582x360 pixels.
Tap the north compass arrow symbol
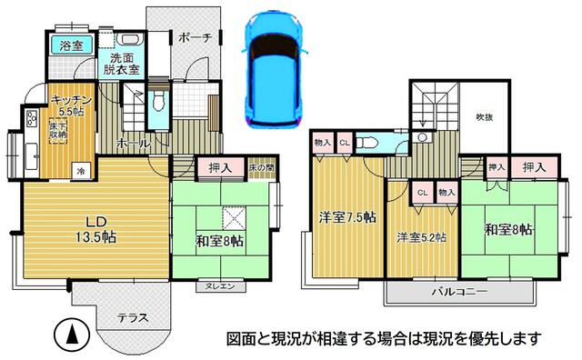pyautogui.click(x=71, y=334)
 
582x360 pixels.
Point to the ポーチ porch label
pyautogui.click(x=195, y=38)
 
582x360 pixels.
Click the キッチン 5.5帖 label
pyautogui.click(x=68, y=105)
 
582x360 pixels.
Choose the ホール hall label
pyautogui.click(x=133, y=144)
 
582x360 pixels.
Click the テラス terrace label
pyautogui.click(x=134, y=318)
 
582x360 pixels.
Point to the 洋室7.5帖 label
pyautogui.click(x=344, y=218)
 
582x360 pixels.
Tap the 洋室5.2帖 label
pyautogui.click(x=420, y=238)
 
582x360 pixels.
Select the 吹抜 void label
pyautogui.click(x=484, y=117)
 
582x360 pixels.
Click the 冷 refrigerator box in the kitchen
pyautogui.click(x=81, y=170)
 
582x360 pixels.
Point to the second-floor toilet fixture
pyautogui.click(x=367, y=142)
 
